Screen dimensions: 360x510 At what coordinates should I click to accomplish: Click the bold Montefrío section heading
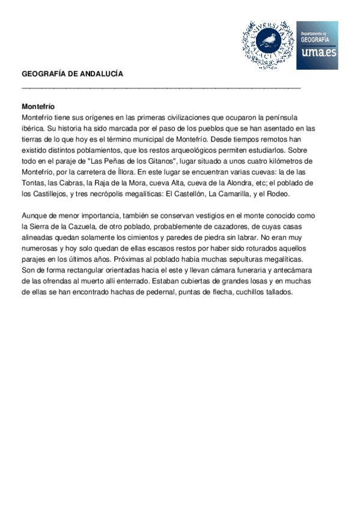[x=38, y=106]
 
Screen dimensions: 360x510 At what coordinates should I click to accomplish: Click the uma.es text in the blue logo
[x=317, y=53]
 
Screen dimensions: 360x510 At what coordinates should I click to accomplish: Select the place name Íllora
[x=136, y=172]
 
